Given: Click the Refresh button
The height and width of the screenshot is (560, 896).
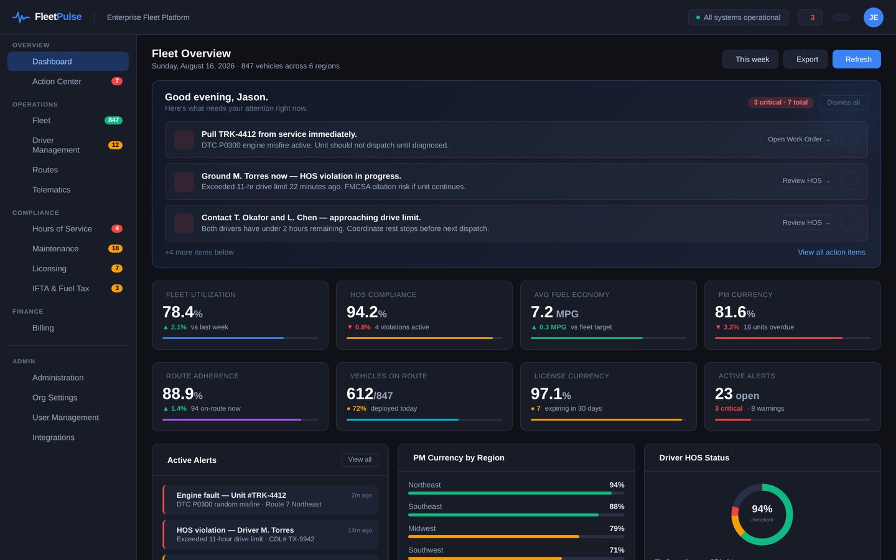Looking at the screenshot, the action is [856, 59].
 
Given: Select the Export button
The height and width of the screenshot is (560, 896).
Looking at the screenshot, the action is [805, 59].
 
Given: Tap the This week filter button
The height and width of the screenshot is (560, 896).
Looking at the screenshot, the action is [750, 59].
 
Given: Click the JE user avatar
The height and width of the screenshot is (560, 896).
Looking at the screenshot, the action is [873, 17].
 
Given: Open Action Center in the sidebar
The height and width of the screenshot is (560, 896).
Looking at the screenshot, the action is [57, 81].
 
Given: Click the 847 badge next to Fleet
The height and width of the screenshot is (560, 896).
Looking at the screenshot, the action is [114, 120].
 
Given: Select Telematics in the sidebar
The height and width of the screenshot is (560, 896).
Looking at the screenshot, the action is [51, 190].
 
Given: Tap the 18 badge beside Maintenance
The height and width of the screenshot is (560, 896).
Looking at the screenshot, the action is [115, 248].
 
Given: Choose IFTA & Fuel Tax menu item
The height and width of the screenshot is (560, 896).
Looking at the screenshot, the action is [61, 289].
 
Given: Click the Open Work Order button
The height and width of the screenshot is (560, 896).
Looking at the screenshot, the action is [798, 139].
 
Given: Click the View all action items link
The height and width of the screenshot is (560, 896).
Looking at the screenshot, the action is [831, 253].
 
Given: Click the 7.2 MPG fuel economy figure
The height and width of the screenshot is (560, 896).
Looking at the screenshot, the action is [554, 312].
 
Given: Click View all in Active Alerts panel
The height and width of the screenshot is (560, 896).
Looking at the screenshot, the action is [360, 460].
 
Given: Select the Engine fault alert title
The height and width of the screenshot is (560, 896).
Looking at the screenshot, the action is [231, 495].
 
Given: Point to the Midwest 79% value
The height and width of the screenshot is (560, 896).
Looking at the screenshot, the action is [617, 528].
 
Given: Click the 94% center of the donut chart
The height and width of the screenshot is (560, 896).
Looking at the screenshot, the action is [762, 509].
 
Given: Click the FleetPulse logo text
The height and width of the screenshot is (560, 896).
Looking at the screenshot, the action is [58, 17].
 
